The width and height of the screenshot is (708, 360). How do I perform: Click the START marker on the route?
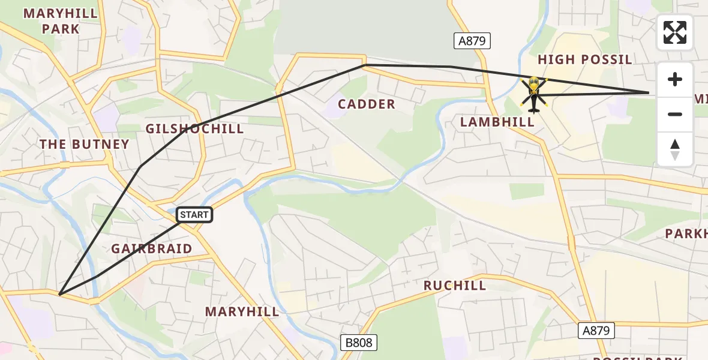click(194, 215)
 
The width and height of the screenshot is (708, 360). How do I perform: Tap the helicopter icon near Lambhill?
click(533, 94)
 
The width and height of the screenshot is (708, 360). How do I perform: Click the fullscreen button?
click(675, 32)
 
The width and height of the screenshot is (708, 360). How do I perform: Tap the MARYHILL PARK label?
click(52, 21)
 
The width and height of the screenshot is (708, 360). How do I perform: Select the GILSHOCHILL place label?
click(195, 129)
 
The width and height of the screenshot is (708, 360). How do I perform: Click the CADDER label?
click(367, 104)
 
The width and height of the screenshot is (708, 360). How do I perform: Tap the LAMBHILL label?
click(497, 122)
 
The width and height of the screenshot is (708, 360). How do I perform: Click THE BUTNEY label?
click(84, 144)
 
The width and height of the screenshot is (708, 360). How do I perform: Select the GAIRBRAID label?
click(152, 248)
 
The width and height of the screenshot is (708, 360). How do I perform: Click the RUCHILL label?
click(455, 286)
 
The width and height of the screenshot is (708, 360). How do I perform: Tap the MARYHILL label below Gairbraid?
click(242, 311)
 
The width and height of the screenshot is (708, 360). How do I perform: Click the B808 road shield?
click(359, 343)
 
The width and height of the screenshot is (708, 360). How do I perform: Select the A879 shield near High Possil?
click(472, 41)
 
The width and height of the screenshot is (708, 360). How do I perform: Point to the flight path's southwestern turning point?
click(60, 294)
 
